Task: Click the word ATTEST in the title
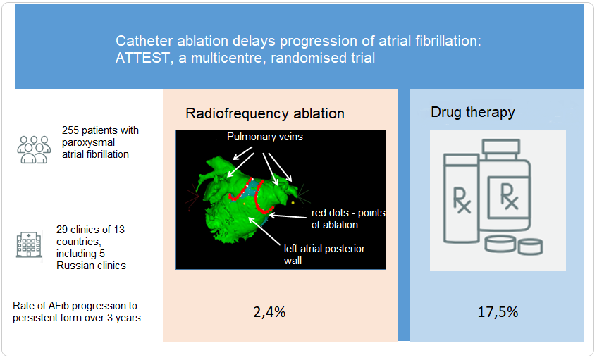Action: point(142,58)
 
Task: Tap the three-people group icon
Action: point(34,149)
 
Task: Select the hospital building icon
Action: point(29,244)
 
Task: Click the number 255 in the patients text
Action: point(70,130)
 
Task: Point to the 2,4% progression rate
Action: point(269,312)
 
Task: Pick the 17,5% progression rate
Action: point(498,312)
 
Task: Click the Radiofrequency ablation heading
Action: point(265,113)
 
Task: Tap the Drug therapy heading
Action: point(473,112)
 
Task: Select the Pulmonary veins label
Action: point(265,137)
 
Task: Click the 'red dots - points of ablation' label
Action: point(348,219)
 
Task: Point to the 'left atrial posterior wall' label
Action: point(324,254)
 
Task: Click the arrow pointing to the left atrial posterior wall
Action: point(264,231)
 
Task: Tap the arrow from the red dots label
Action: point(288,216)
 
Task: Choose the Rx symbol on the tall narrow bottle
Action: point(462,200)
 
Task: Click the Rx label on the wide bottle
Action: point(510,197)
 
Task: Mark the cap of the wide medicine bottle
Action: point(501,147)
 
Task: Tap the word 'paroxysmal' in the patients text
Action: point(88,142)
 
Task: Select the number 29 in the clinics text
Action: point(63,230)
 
